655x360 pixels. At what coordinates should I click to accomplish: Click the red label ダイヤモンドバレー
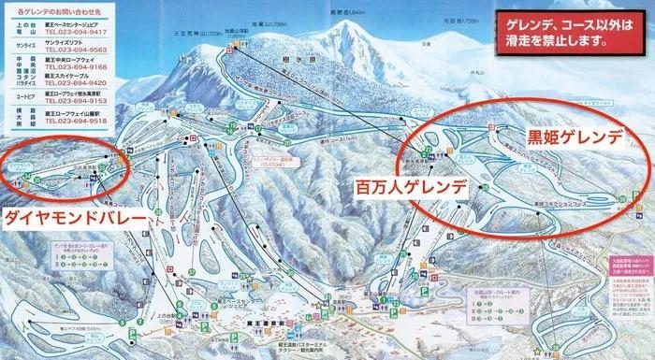74,216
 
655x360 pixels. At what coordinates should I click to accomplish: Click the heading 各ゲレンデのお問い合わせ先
55,11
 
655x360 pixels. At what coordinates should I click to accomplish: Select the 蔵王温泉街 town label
244,317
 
